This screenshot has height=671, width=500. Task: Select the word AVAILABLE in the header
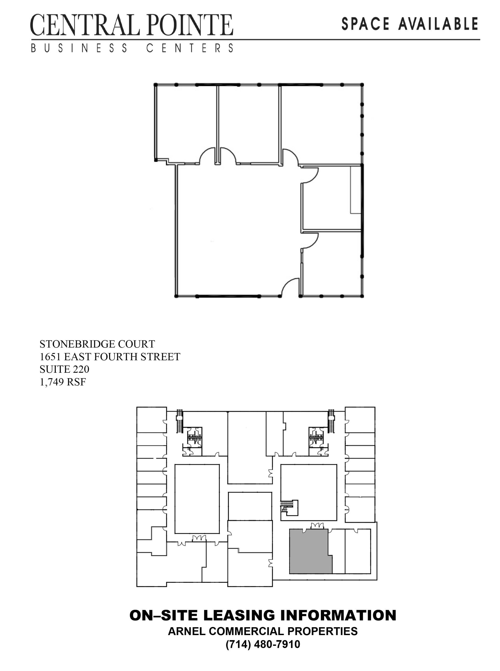439,24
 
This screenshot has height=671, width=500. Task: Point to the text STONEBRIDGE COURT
97,344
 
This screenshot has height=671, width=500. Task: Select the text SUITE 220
64,369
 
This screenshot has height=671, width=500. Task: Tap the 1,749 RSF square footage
63,382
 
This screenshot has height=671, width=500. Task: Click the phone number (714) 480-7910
263,644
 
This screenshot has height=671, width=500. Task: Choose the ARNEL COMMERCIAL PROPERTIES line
263,631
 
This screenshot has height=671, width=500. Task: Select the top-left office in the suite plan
186,124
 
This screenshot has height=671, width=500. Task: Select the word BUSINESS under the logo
79,48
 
